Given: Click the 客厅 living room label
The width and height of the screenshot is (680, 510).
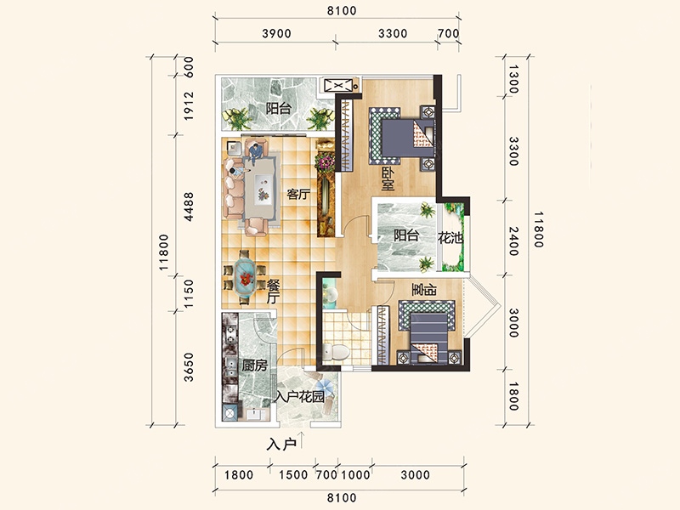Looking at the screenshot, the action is pos(298,194).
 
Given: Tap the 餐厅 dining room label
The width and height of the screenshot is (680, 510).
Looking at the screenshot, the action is pos(273,292).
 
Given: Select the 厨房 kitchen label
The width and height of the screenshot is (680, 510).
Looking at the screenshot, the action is pos(254,365).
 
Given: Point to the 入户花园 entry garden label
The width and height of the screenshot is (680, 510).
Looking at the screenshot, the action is pos(300,396).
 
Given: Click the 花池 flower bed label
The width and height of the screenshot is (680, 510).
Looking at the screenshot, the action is pos(450,238).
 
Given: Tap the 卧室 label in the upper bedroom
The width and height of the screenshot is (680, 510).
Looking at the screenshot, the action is pos(388,179).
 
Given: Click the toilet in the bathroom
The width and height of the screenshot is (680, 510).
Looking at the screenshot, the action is pos(337,352).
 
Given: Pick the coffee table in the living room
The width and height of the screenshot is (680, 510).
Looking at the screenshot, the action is pos(263,189).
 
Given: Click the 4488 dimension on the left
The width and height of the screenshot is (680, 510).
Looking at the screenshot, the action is pos(188,207).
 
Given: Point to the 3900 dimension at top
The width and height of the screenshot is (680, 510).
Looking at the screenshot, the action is pos(276,33).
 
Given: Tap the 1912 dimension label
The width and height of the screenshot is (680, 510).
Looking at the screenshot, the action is pos(188,106).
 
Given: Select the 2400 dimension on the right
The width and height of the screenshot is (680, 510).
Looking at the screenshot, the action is pos(513,241).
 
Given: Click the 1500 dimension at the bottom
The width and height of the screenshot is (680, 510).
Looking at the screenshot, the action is pos(293,475).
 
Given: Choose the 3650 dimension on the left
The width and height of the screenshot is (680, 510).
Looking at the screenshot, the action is pos(188,367).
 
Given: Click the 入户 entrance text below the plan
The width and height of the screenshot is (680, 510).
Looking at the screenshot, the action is pos(281,444).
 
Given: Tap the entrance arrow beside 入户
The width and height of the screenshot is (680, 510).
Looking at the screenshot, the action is pos(303,439).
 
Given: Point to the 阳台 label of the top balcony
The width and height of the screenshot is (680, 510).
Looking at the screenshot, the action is pos(279,108).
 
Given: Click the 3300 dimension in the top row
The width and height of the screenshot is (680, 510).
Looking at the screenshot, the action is pos(393,33).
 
